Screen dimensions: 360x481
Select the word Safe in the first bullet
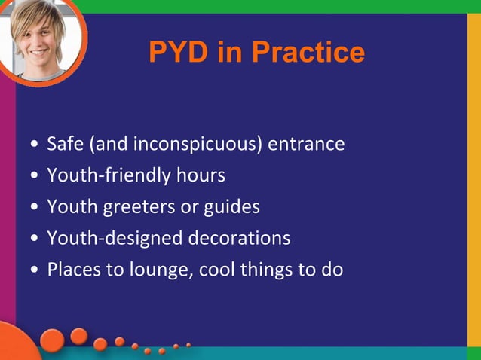pyautogui.click(x=63, y=144)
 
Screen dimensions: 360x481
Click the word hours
pyautogui.click(x=201, y=175)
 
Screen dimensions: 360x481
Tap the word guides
pyautogui.click(x=233, y=207)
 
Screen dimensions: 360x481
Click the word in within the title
pyautogui.click(x=231, y=53)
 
